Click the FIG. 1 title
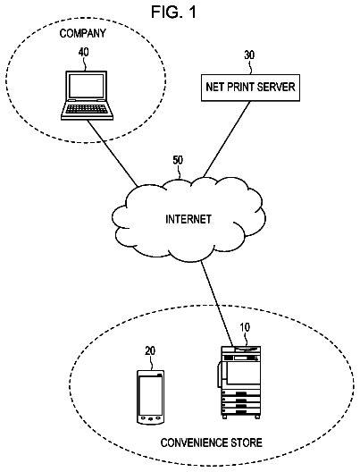pos(173,13)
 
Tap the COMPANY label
pos(83,33)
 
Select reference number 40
pos(84,53)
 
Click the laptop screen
pos(87,86)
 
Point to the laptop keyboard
pos(87,109)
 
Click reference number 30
pos(249,55)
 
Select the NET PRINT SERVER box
pos(250,88)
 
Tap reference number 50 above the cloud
pos(178,160)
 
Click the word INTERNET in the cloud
pos(188,219)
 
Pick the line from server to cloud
pos(227,139)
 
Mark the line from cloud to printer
pos(217,303)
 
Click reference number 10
pos(245,328)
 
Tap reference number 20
pos(150,351)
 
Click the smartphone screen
pos(151,395)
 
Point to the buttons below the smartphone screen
pos(151,418)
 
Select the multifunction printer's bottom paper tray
pos(241,411)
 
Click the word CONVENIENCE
pos(194,442)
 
